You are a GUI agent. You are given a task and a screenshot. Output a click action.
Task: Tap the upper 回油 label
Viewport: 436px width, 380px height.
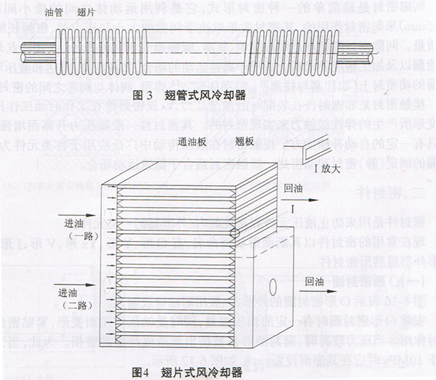coord(294,187)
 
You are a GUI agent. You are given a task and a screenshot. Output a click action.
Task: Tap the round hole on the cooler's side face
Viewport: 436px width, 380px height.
coord(273,286)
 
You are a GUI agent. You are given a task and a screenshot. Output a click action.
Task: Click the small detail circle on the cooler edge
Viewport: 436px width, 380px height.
coord(234,233)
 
